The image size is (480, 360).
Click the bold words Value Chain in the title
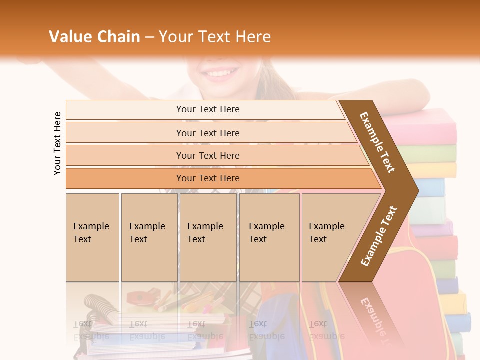pyautogui.click(x=94, y=37)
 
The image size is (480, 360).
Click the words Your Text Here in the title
pyautogui.click(x=214, y=37)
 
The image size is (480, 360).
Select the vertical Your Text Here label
pyautogui.click(x=57, y=143)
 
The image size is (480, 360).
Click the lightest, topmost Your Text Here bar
pyautogui.click(x=207, y=109)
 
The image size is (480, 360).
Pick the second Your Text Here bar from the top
pyautogui.click(x=208, y=133)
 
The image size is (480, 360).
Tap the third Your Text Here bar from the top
pyautogui.click(x=208, y=155)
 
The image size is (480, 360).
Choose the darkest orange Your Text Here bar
pyautogui.click(x=208, y=178)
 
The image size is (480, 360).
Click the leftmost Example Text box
pyautogui.click(x=92, y=237)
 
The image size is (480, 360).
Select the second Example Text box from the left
pyautogui.click(x=149, y=237)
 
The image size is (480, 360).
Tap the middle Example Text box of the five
pyautogui.click(x=208, y=237)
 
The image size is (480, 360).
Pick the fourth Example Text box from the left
pyautogui.click(x=269, y=237)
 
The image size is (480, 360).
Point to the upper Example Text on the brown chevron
pyautogui.click(x=377, y=142)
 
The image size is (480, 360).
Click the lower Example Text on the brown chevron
pyautogui.click(x=379, y=236)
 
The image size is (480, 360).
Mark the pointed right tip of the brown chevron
pyautogui.click(x=417, y=191)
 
